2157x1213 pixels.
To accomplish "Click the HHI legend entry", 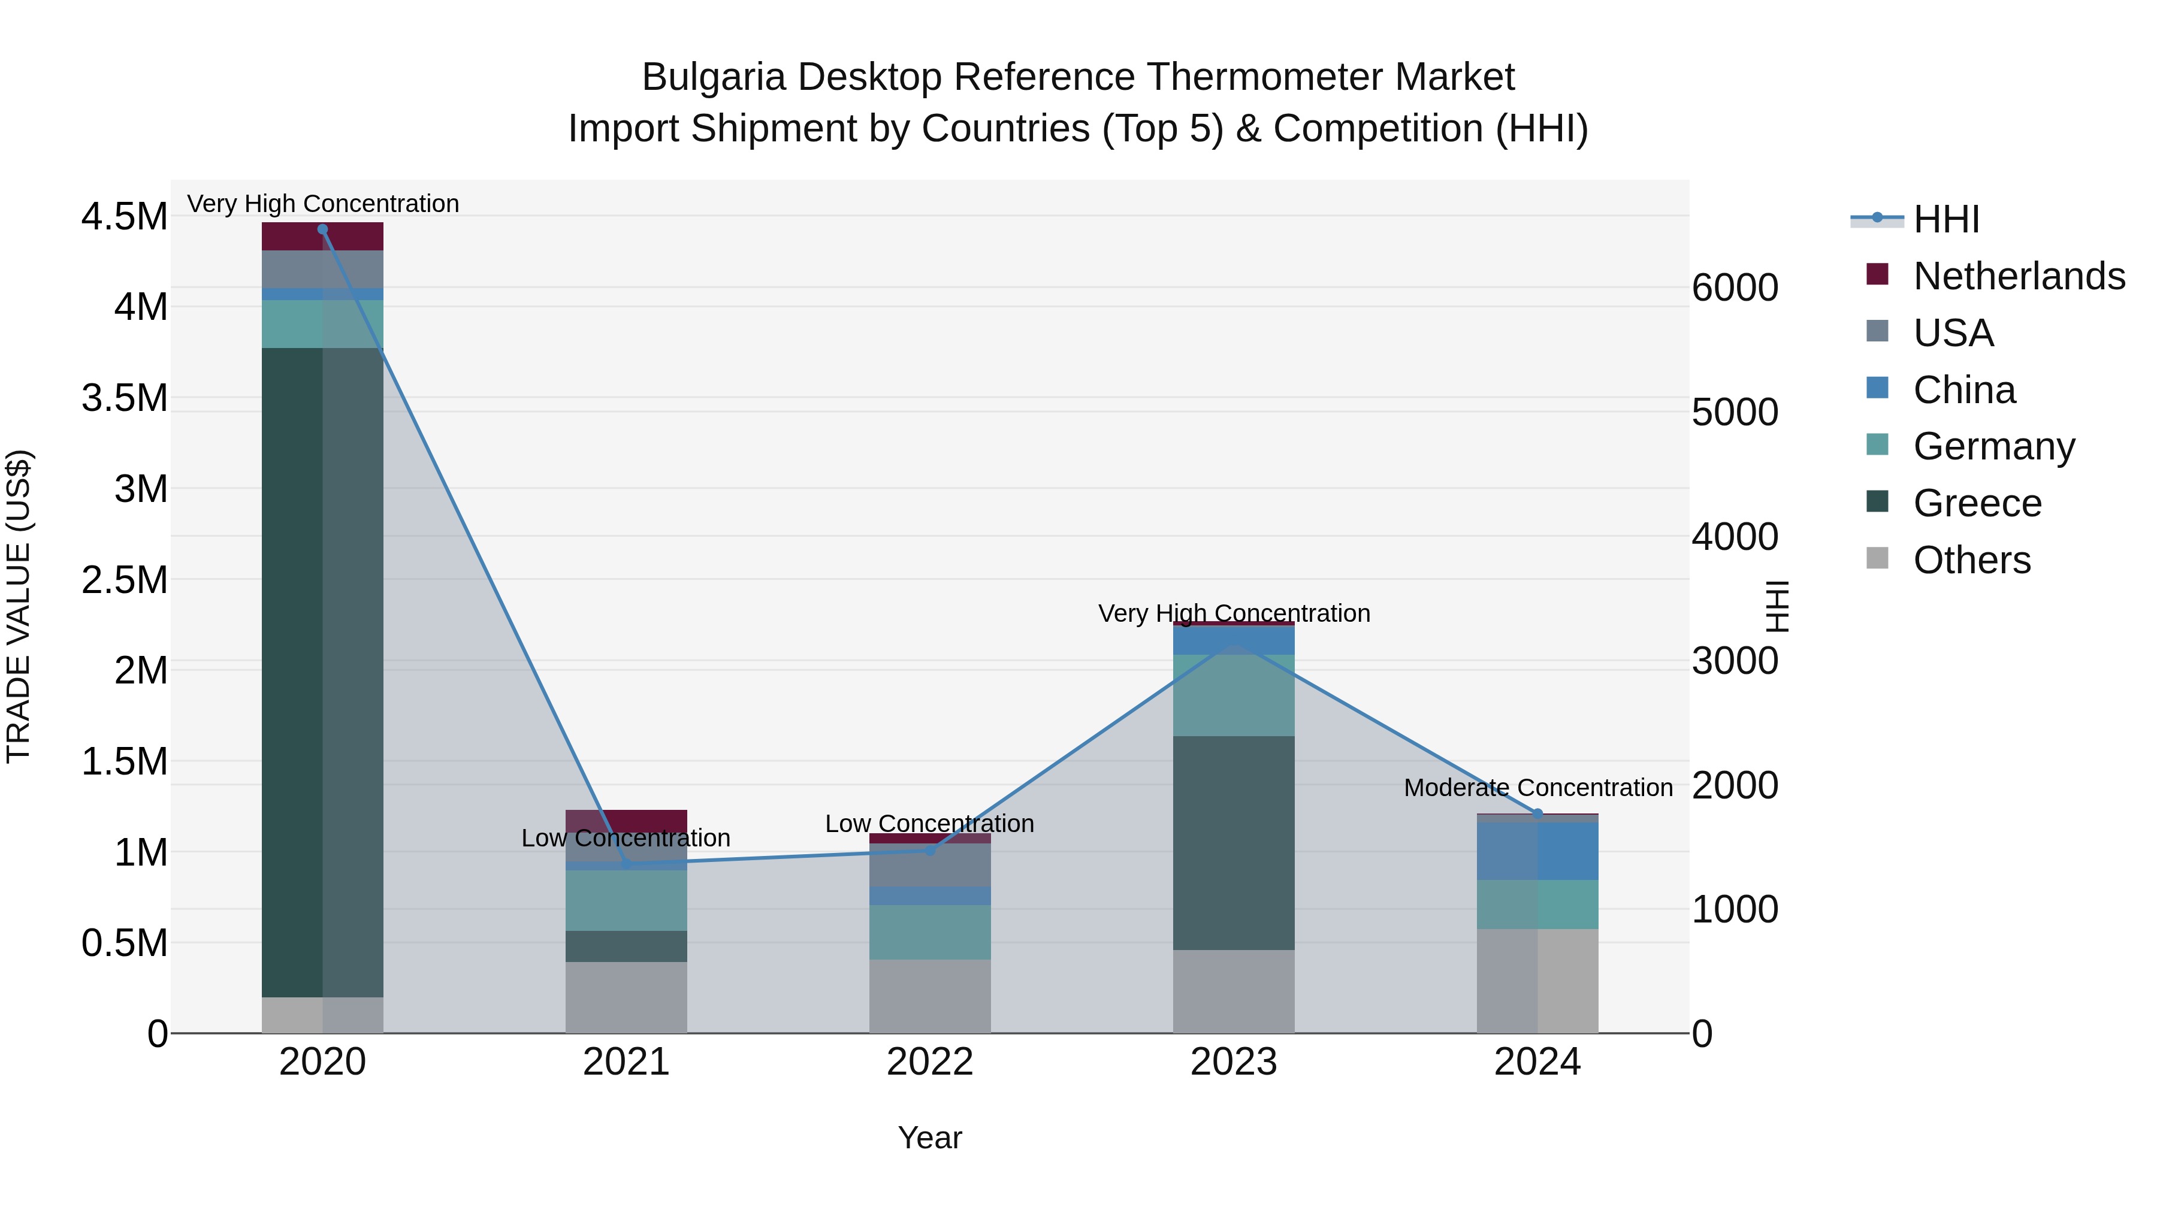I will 1944,219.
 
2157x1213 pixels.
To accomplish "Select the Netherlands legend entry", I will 2018,276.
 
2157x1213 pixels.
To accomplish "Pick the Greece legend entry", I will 1976,503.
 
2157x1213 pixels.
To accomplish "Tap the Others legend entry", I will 1971,559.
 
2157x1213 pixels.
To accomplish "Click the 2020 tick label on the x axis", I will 322,1062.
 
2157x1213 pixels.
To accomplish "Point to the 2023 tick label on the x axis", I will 1234,1062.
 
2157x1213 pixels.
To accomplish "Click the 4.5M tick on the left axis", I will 124,216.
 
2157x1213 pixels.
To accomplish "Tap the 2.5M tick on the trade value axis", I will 124,579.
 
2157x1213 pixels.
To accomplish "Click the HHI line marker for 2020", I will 322,229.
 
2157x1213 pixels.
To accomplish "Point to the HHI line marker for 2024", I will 1537,813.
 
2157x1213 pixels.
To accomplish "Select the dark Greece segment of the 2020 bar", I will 293,670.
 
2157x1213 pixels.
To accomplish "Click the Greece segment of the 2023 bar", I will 1234,842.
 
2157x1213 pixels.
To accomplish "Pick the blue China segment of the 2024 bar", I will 1537,849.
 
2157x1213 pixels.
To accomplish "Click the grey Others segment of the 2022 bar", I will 929,996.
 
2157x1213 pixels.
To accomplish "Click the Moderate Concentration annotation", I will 1537,788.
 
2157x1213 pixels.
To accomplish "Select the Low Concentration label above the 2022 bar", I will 929,824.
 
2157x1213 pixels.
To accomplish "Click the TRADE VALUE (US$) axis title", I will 19,606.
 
